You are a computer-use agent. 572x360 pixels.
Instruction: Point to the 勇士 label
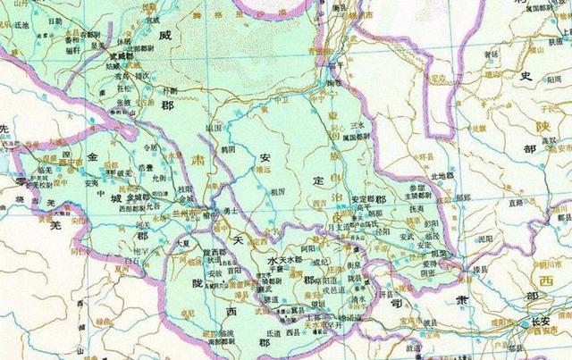point(230,209)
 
